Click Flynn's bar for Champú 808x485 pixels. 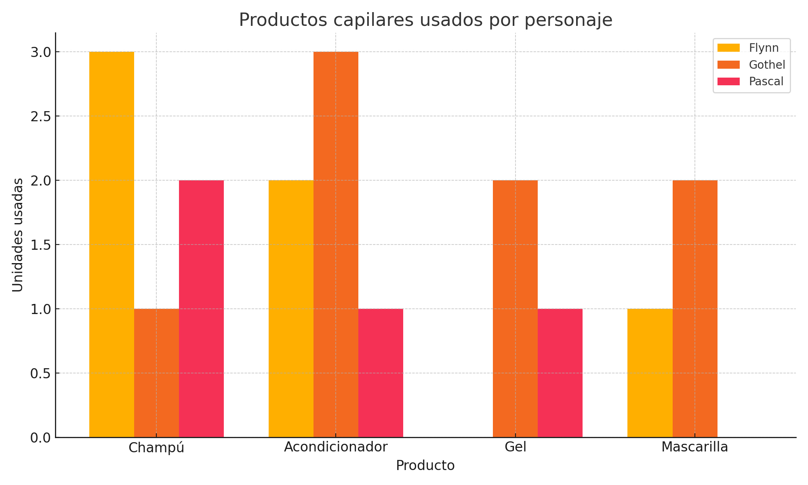112,245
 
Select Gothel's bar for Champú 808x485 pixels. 156,373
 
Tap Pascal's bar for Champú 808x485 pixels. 201,309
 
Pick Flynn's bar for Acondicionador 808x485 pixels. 291,309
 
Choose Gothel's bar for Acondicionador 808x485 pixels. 336,245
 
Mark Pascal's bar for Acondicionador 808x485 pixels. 381,373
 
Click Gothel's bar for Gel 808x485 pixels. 515,309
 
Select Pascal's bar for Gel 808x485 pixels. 560,373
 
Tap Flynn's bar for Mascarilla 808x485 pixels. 650,373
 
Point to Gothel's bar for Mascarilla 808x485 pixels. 695,309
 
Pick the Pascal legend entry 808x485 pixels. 750,81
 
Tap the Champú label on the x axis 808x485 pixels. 156,448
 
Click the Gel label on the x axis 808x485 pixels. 516,447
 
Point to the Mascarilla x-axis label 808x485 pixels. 695,447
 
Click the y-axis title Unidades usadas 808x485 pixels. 17,235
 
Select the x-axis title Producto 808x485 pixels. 425,466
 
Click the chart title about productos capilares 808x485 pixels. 426,20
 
